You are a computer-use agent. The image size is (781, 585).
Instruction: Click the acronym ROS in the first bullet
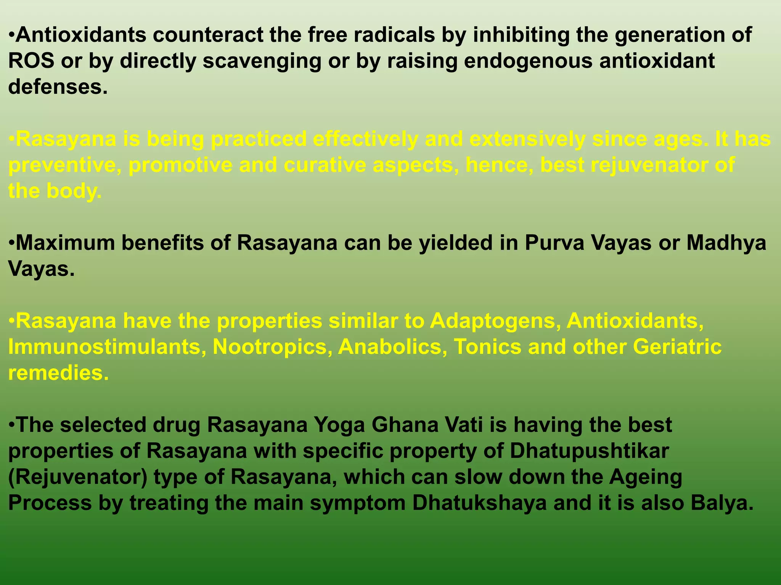coord(31,61)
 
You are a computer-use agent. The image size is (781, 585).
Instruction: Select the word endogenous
coord(528,61)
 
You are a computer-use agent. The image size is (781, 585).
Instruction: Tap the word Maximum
coord(65,243)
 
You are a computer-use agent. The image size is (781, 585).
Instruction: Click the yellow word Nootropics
coord(272,347)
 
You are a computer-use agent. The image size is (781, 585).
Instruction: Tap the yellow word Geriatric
coord(677,347)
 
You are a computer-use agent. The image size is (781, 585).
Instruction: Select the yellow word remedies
coord(58,373)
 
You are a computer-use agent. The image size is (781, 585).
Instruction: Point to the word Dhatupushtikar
coord(589,451)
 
